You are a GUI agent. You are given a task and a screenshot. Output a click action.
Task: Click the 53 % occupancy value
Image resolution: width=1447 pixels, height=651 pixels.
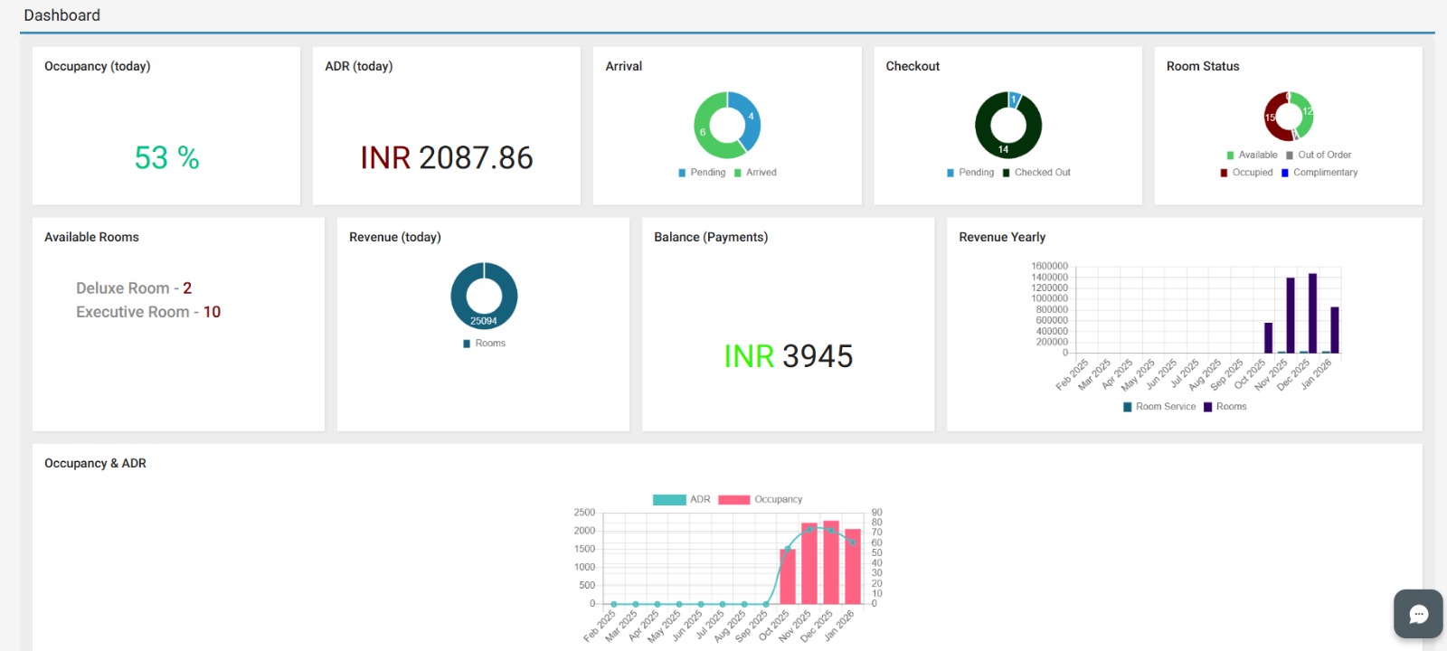166,158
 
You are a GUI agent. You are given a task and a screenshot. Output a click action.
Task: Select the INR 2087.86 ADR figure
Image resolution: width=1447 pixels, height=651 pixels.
447,158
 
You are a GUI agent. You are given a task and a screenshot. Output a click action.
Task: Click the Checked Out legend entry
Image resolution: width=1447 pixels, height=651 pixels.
1036,173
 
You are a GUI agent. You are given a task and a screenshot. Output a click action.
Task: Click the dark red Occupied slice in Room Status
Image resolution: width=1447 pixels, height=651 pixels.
1271,117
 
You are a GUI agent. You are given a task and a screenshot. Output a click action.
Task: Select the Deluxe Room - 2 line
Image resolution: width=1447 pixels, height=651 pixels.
134,288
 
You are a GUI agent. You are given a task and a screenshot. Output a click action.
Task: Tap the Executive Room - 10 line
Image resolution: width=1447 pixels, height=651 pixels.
148,312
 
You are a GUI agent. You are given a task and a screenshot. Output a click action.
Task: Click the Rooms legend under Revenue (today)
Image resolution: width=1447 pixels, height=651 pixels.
485,344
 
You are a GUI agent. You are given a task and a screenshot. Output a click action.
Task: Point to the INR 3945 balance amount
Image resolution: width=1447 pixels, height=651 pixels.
789,356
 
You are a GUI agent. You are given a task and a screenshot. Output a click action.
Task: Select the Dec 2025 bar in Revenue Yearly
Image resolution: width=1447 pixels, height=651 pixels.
1312,313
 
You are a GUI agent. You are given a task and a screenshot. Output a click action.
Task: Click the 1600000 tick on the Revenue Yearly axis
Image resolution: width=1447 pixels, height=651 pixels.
1049,267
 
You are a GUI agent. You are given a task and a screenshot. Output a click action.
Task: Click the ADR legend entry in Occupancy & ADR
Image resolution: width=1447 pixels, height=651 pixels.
682,500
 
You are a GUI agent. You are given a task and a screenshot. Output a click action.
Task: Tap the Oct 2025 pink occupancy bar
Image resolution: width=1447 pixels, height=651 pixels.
788,576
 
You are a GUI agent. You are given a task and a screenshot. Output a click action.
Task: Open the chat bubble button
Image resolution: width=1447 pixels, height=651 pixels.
1418,614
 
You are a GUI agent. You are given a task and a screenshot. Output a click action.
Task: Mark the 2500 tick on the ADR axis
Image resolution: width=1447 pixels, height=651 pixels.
584,513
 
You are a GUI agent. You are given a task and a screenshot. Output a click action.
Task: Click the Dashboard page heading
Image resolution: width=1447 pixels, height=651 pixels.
62,15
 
